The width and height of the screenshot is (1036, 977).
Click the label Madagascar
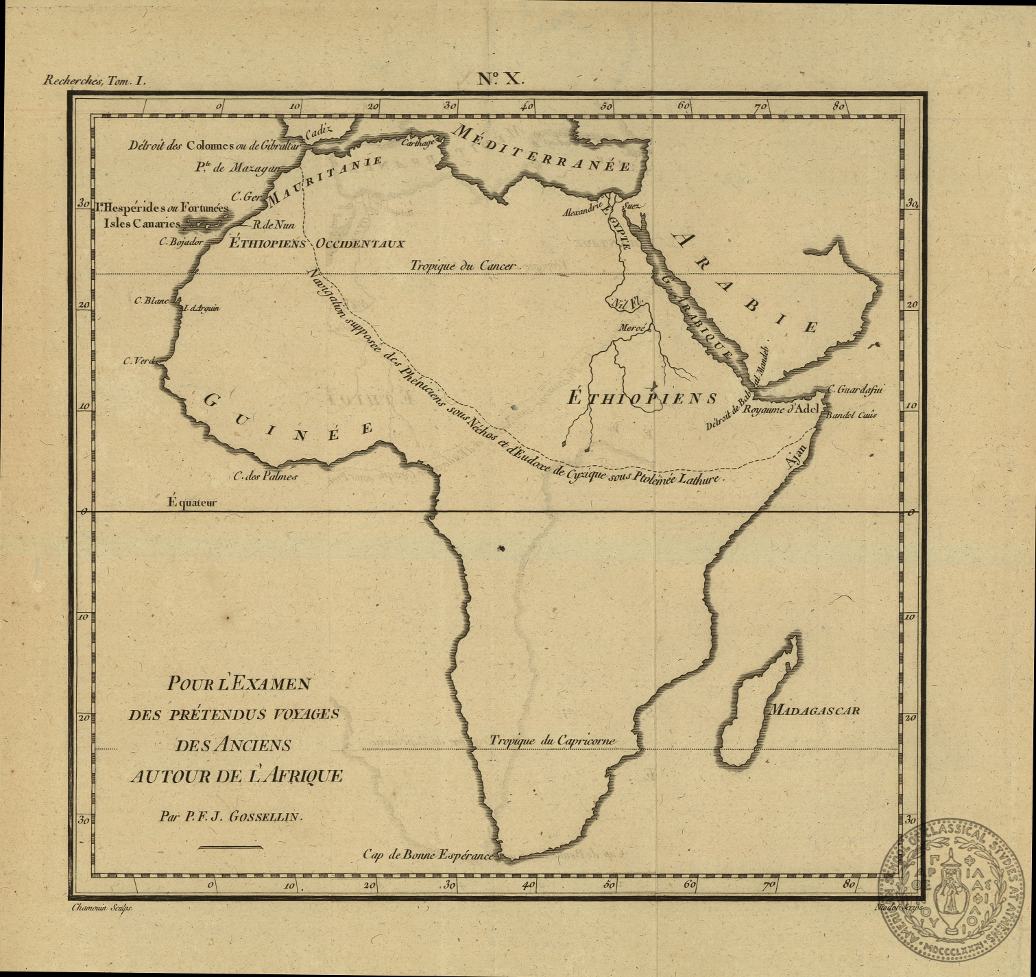tap(814, 711)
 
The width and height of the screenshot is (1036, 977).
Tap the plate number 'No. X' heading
tap(501, 78)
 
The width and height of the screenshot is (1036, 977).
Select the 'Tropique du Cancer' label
tap(462, 266)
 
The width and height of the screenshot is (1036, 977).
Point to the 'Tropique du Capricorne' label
tap(552, 740)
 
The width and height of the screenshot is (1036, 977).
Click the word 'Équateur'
tap(192, 502)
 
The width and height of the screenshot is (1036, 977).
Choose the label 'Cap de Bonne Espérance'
tap(428, 855)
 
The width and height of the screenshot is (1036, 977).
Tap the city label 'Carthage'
tap(418, 143)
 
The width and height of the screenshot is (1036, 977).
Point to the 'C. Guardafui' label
tap(855, 390)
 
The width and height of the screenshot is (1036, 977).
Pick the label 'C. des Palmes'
tap(265, 476)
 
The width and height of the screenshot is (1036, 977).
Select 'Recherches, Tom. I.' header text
tap(95, 80)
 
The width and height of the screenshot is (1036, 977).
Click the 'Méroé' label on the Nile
tap(632, 328)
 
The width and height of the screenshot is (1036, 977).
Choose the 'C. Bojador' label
tap(182, 241)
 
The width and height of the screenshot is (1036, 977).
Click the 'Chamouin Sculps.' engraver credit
tap(101, 907)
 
